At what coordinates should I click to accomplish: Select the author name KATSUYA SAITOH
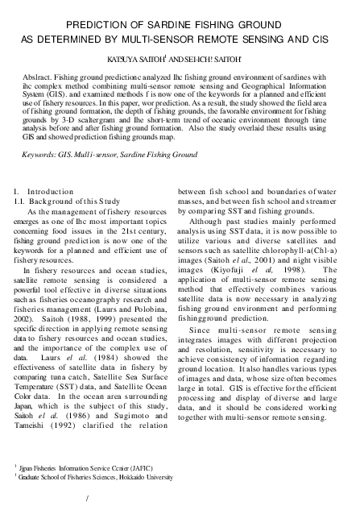pyautogui.click(x=142, y=59)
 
